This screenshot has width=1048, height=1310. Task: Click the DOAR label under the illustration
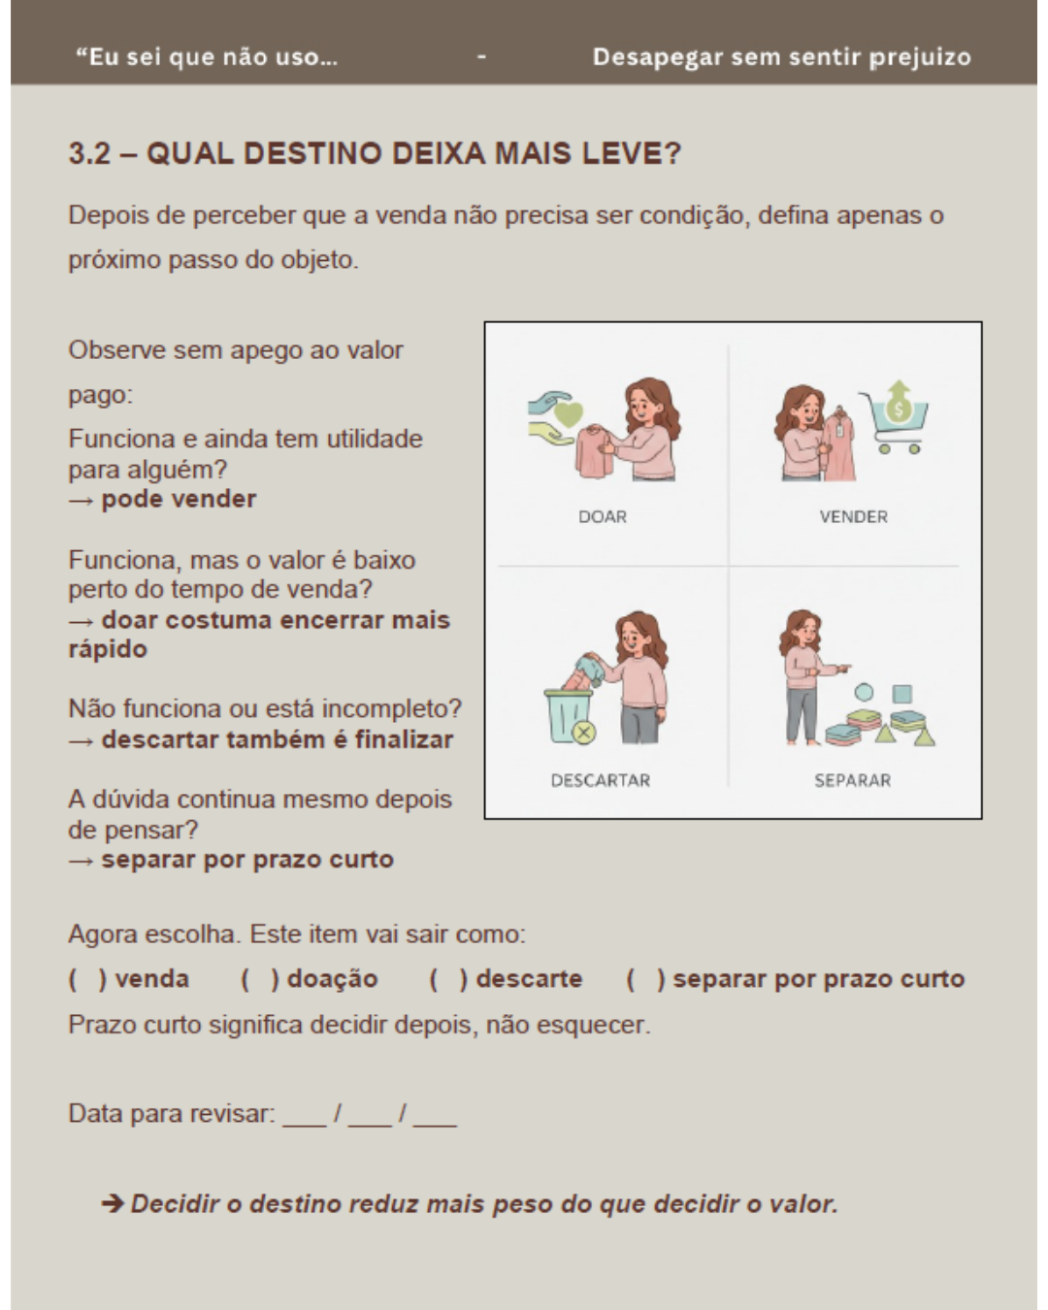tap(602, 517)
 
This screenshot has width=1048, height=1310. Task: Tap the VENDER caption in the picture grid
tap(853, 517)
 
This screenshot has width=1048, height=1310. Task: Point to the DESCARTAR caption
tap(600, 780)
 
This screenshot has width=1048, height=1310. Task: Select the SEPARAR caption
tap(852, 780)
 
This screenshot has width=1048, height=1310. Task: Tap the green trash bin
tap(569, 716)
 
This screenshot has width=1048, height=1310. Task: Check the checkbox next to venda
tap(86, 979)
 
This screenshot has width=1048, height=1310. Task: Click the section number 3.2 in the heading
tap(89, 153)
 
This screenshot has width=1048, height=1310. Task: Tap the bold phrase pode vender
tap(179, 500)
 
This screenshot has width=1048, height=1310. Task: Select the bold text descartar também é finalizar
tap(277, 740)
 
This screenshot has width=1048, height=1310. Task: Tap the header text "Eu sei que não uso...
tap(207, 57)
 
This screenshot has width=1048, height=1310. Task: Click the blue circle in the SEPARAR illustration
tap(863, 692)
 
